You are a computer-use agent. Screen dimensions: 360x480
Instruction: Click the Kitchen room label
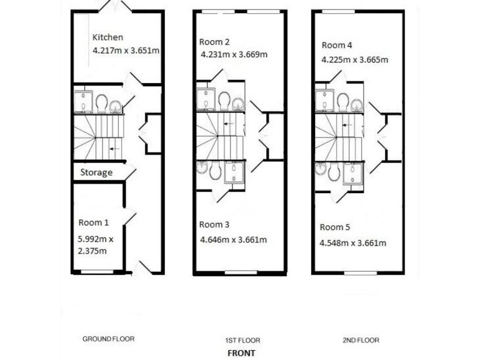[108, 37]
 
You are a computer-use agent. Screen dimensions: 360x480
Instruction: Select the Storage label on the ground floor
[96, 172]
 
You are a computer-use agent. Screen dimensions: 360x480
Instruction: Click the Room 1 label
[94, 222]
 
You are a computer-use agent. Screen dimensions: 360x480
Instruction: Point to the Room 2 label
[214, 42]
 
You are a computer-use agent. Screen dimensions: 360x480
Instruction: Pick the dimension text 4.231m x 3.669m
[234, 54]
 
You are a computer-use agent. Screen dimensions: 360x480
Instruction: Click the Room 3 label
[214, 224]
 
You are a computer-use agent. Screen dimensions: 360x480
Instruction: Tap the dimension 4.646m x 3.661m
[232, 239]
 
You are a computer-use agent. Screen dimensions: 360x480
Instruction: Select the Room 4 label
[337, 45]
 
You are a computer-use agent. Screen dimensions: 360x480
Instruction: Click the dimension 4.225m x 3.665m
[354, 60]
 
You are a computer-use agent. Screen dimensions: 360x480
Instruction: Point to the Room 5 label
[335, 227]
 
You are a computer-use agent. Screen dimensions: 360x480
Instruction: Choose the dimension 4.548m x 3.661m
[352, 243]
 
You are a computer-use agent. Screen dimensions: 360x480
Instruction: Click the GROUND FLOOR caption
[108, 339]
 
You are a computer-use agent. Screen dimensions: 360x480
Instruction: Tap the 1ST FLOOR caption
[242, 341]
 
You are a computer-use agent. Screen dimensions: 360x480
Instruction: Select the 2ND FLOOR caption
[361, 341]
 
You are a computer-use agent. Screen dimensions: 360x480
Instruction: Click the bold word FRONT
[241, 352]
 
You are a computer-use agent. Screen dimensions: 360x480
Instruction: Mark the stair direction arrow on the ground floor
[112, 149]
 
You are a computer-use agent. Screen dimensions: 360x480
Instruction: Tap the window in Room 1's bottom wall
[97, 272]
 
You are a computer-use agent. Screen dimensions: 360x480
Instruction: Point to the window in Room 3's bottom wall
[241, 272]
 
